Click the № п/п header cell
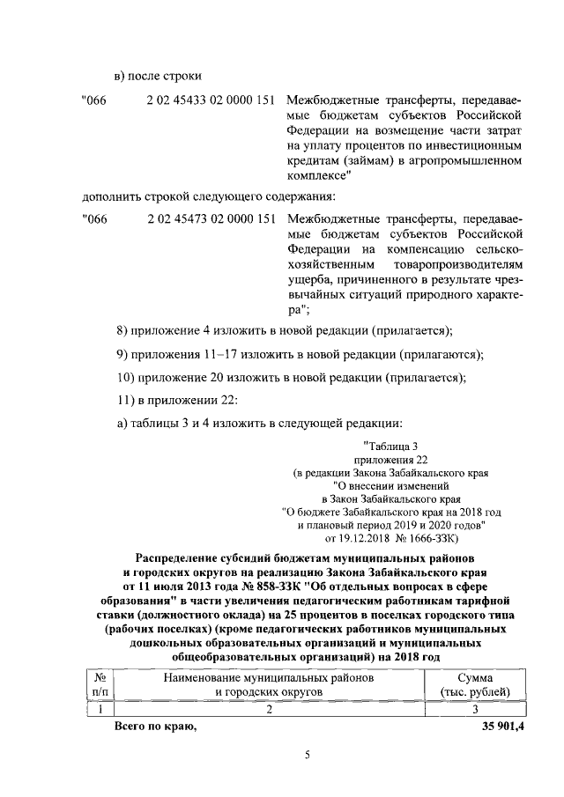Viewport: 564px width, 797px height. point(100,685)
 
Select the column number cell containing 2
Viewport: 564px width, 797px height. point(270,709)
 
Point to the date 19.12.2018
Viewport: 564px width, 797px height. point(357,537)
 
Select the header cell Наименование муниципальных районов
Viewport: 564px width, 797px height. point(270,678)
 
